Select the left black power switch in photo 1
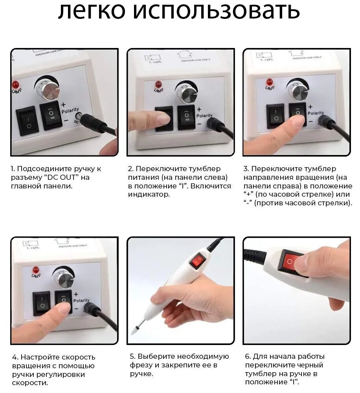27,120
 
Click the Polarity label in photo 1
70,111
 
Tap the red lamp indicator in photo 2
158,84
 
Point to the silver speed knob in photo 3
298,89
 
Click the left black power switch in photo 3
276,116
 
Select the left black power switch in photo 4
42,303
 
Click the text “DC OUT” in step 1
61,177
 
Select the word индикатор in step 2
149,194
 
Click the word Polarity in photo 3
316,113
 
